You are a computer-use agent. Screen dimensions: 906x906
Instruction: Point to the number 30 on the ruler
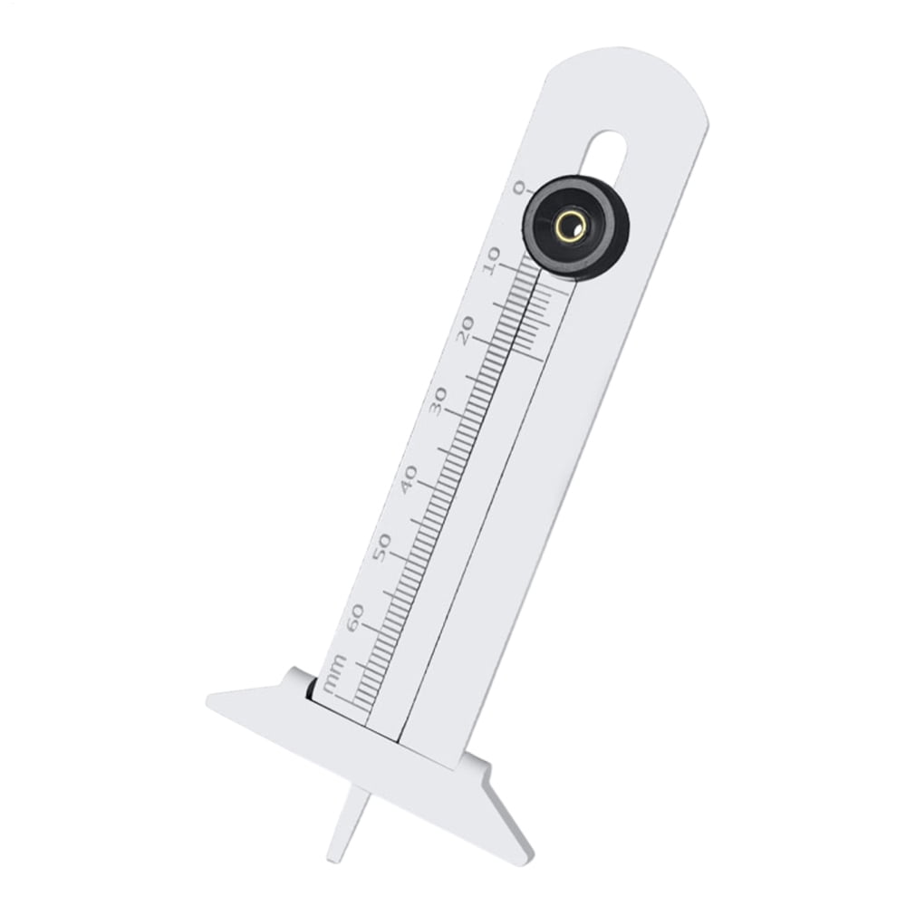click(439, 401)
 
